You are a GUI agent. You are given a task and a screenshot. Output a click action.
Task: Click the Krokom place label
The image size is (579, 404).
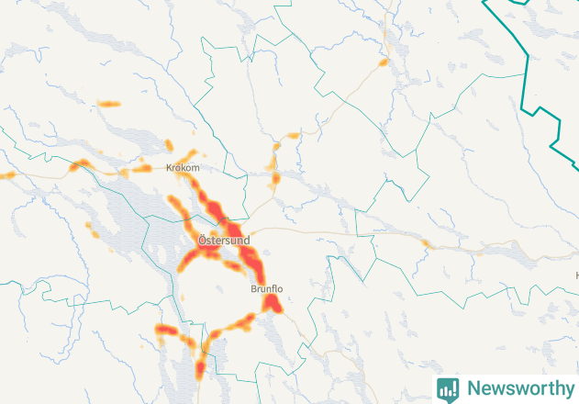[181, 169]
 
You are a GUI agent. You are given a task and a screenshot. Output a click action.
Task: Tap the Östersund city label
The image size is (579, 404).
[224, 240]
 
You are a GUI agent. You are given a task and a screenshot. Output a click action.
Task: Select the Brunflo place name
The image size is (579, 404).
[266, 289]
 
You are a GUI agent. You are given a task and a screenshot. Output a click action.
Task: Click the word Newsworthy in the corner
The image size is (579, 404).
[518, 388]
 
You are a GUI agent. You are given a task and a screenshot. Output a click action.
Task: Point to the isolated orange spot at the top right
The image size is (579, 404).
[384, 62]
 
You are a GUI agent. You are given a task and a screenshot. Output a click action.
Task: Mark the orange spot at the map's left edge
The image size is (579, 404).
[5, 174]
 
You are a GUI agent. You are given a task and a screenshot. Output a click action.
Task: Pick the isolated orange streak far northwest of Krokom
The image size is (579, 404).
[109, 104]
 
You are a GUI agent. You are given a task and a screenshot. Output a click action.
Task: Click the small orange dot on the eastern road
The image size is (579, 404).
[426, 243]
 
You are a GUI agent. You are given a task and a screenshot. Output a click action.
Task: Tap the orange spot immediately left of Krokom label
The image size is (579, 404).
[141, 168]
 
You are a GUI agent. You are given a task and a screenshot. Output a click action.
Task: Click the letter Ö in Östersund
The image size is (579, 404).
[202, 240]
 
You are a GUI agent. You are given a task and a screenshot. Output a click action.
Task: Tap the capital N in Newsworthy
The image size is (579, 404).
[473, 388]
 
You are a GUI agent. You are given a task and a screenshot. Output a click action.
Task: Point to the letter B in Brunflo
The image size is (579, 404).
[253, 289]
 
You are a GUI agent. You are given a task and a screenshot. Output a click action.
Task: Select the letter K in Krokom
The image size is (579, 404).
[169, 169]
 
